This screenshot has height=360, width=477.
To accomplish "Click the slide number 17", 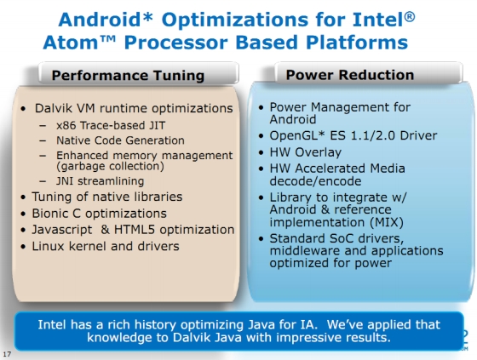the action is click(7, 354).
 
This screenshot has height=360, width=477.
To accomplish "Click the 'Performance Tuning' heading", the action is click(128, 76).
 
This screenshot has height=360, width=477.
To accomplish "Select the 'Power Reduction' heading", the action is click(350, 75).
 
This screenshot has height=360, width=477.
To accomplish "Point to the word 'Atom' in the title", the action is click(71, 43).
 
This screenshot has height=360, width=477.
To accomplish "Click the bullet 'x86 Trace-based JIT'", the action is click(111, 125).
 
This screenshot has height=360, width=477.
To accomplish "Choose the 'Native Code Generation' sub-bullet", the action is click(120, 140).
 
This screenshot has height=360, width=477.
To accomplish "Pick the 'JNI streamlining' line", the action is click(101, 181).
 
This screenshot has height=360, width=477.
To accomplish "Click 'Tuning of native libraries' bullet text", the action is click(107, 197).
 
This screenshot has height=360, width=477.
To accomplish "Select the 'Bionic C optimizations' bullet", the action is click(99, 214).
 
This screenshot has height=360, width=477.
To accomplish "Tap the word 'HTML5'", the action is click(135, 230).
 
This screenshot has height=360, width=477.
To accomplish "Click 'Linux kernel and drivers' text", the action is click(106, 246).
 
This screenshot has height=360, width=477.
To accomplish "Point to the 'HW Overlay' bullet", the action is click(306, 152).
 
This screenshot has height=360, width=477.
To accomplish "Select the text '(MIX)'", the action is click(387, 222).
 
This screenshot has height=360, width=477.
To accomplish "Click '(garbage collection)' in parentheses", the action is click(110, 166).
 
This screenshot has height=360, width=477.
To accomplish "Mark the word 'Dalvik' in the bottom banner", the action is click(193, 338).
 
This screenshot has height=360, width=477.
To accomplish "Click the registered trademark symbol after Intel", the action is click(410, 17).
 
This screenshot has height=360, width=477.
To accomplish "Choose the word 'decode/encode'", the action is click(315, 181).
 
